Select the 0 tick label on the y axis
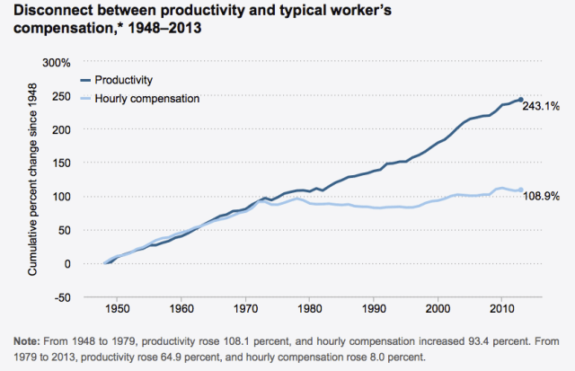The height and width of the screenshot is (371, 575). tap(66, 264)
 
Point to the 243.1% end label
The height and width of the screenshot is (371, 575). tap(543, 106)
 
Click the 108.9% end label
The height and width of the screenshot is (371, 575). tap(543, 194)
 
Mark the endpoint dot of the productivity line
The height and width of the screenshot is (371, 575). tap(521, 100)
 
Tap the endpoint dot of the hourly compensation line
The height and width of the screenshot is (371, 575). tap(521, 190)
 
